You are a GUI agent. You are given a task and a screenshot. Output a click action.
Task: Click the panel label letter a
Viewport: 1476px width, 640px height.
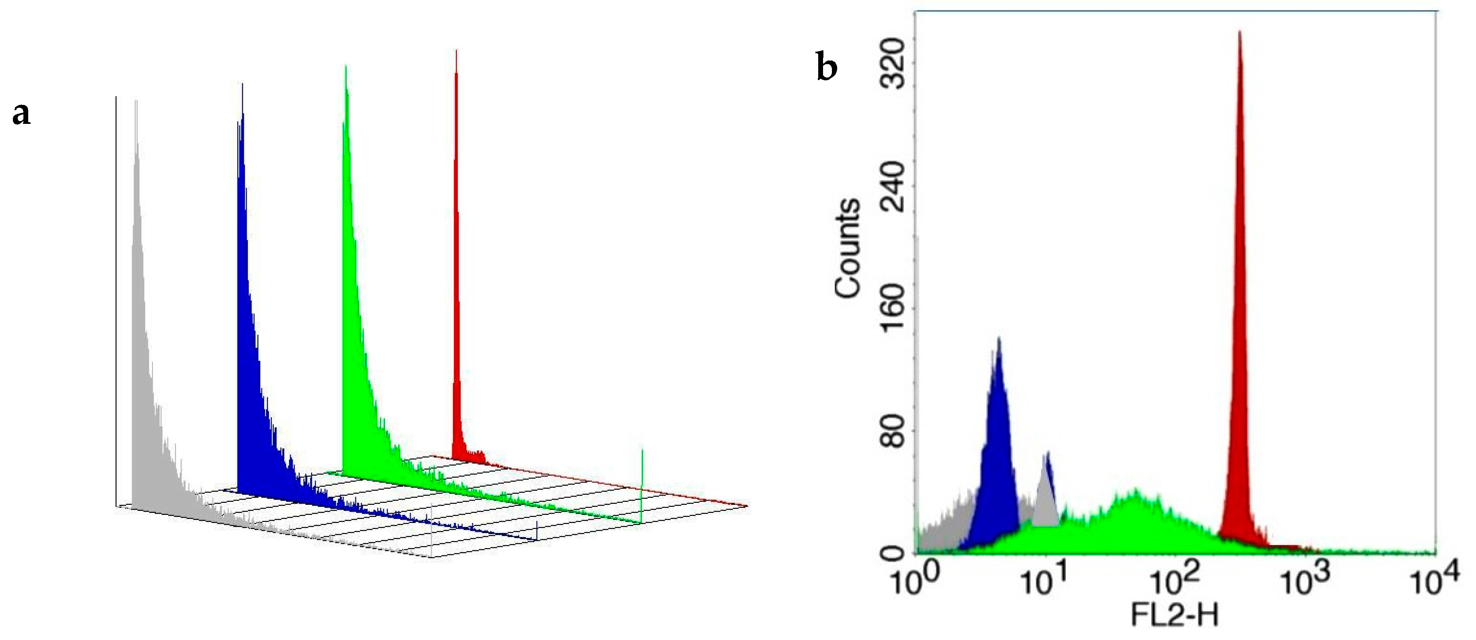tap(21, 114)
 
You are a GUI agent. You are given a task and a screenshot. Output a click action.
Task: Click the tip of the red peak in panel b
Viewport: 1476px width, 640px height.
tap(1239, 33)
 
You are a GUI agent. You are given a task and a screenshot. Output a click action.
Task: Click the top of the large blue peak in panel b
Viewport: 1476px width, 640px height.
tap(999, 339)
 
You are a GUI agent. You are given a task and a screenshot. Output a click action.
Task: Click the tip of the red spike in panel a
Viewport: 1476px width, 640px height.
tap(456, 52)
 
